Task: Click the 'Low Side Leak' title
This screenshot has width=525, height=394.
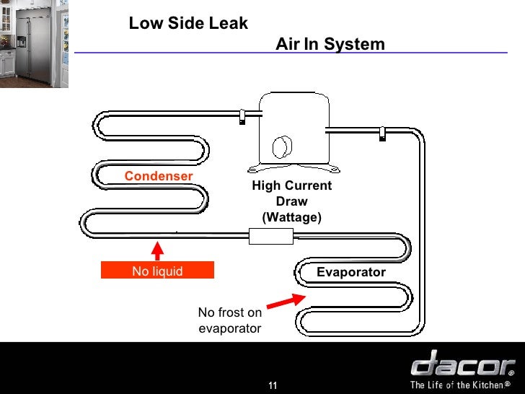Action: click(188, 23)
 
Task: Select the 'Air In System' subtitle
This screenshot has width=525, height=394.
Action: click(330, 45)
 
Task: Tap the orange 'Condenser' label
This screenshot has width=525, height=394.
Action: click(159, 176)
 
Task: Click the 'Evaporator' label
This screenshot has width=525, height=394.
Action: click(351, 272)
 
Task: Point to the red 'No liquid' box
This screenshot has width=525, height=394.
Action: click(157, 271)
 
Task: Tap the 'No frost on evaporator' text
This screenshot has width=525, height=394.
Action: click(230, 320)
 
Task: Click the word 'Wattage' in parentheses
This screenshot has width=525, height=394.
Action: click(291, 217)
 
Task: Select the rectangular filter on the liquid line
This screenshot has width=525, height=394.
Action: click(270, 236)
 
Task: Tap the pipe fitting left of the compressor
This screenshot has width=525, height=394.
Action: click(242, 116)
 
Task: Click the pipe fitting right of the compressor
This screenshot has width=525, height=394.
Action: click(382, 133)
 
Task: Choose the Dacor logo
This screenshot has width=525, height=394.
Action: click(462, 363)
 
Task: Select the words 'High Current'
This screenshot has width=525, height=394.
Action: click(291, 186)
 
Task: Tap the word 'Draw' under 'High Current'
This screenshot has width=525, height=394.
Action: click(291, 201)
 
